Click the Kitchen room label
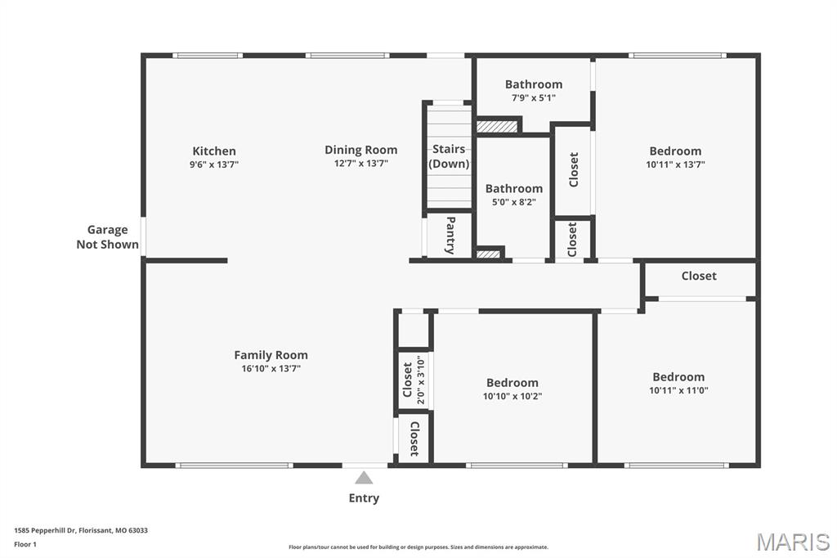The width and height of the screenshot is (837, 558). [x=214, y=151]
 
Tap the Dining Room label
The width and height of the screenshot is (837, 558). [x=360, y=150]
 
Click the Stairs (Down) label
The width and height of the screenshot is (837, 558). [x=449, y=156]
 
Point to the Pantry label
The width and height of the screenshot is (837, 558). [x=450, y=235]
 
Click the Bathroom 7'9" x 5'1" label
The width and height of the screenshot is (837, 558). [x=533, y=84]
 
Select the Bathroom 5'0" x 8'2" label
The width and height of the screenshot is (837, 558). [x=513, y=189]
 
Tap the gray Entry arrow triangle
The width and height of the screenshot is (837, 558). [x=364, y=478]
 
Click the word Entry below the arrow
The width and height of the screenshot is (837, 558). [x=364, y=498]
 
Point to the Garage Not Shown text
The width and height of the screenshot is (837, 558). [x=108, y=237]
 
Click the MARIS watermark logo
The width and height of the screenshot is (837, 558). [x=793, y=542]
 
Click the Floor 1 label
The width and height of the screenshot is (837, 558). [x=25, y=544]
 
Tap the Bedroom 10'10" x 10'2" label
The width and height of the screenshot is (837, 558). [x=512, y=383]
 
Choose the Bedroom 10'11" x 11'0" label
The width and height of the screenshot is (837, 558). [x=678, y=377]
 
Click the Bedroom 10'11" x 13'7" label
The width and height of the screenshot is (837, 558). [x=675, y=151]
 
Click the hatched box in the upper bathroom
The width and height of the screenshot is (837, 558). [x=497, y=127]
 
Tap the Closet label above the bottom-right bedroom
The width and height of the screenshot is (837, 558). [x=699, y=277]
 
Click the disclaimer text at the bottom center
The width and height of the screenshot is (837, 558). [x=418, y=547]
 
